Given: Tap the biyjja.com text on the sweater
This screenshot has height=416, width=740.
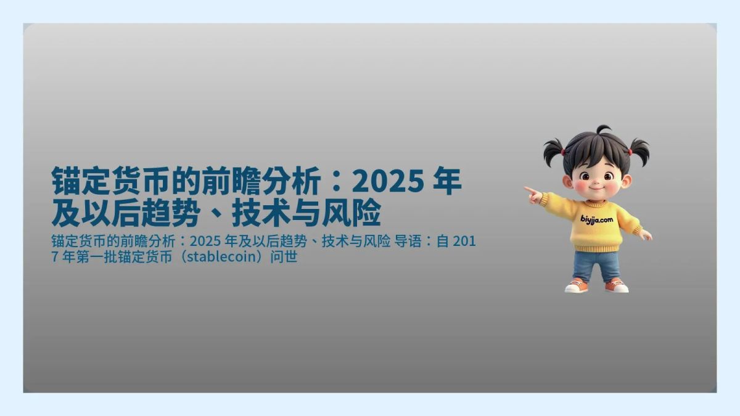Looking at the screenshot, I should coord(596,218).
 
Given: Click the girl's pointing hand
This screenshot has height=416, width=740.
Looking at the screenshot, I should coord(533,195).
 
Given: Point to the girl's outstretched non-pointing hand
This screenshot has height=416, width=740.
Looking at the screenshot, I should coord(645,235).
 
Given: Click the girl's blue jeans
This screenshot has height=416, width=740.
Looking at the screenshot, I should coord(596,265).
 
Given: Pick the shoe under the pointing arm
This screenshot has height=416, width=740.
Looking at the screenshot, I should coord(577,286).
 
